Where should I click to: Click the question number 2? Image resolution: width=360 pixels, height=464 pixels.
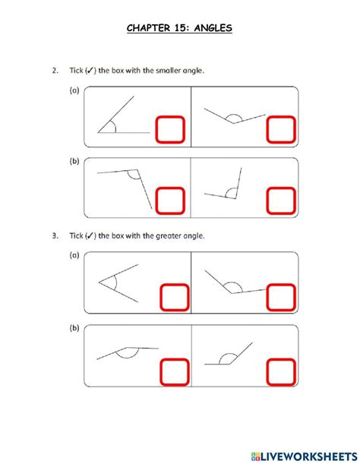tap(55, 71)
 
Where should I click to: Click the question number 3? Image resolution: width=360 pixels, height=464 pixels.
tap(55, 236)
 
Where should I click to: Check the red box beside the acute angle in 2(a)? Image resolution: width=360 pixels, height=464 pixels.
tap(170, 130)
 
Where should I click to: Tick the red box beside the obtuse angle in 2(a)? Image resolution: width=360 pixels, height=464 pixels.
tap(279, 130)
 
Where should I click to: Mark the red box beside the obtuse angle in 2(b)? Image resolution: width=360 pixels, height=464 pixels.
tap(170, 201)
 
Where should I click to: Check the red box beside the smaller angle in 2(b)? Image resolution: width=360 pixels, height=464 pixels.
tap(279, 201)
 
